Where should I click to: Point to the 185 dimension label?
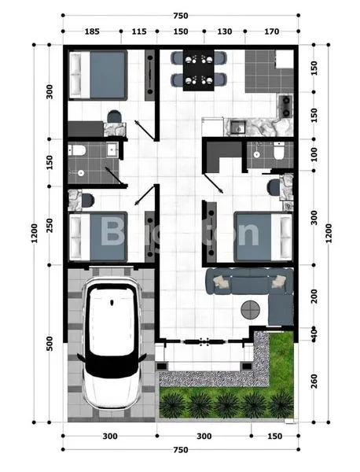coord(90,31)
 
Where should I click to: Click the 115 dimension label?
coord(139,31)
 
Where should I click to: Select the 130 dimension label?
coord(224,31)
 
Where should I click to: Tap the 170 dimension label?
coord(272,31)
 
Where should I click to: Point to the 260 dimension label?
coord(314,379)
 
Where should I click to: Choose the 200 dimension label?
coord(314,297)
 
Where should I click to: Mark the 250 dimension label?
coord(50,225)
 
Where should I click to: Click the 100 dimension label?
coord(314,154)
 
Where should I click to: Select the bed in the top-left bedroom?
coord(98,76)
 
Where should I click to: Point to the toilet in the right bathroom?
coord(277,154)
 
